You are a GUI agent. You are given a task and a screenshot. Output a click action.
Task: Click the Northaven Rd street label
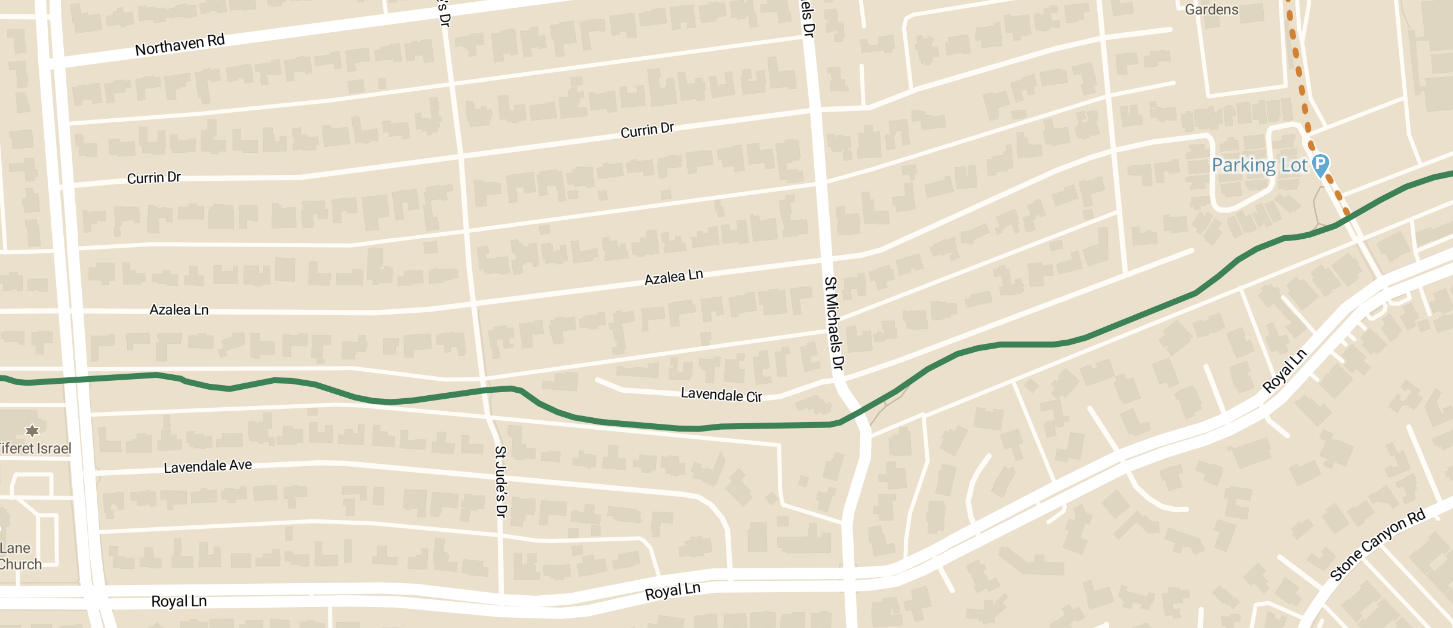click(180, 45)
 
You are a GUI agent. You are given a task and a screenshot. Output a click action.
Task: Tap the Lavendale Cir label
click(721, 395)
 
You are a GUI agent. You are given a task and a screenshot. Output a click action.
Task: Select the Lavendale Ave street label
click(208, 466)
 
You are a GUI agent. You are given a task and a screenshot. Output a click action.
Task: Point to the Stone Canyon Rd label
click(1377, 544)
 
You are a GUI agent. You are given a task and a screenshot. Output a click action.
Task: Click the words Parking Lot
click(1259, 165)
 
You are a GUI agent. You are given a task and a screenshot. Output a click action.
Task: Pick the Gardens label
click(1211, 10)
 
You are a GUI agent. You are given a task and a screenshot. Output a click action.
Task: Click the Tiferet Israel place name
click(35, 448)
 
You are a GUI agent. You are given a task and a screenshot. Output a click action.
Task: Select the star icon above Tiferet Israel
click(32, 430)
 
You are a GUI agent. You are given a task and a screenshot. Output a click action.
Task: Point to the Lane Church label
click(20, 556)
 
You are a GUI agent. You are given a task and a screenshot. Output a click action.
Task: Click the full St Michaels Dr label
click(834, 323)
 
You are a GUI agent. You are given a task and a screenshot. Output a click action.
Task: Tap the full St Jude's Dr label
click(501, 481)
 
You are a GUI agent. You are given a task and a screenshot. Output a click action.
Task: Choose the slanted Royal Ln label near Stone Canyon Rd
click(1285, 371)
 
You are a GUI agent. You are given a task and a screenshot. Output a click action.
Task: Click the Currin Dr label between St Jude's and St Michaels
click(647, 130)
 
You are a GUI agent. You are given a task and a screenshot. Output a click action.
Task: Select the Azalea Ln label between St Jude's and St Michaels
click(673, 277)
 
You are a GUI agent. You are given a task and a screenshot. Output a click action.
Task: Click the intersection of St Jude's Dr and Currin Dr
click(460, 157)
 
